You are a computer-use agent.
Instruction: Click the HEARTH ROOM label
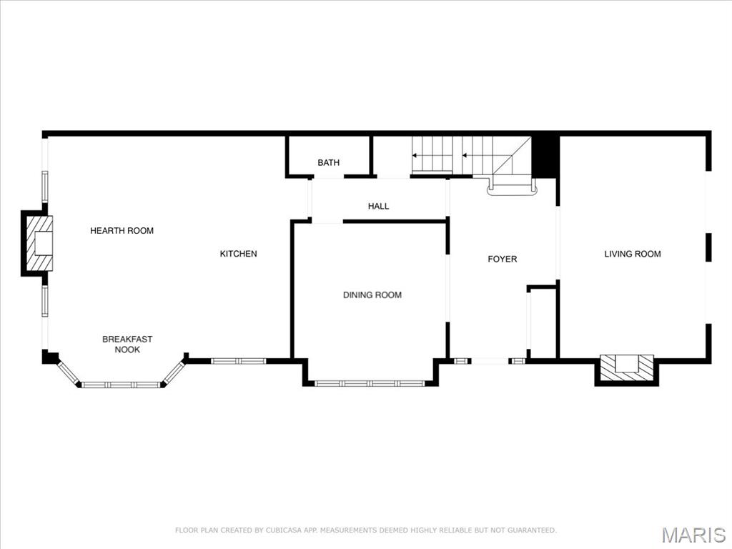click(122, 231)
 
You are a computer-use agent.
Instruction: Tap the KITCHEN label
click(238, 254)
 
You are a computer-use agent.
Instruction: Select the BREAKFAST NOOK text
click(127, 345)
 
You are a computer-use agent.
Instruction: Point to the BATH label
click(328, 163)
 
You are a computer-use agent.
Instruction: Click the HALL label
click(378, 207)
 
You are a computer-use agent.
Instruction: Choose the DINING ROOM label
click(372, 295)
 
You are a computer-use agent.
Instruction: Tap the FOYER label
click(502, 259)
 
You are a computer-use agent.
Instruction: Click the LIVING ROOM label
click(632, 254)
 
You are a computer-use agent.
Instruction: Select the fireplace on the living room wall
click(626, 367)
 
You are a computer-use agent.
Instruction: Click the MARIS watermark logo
click(693, 535)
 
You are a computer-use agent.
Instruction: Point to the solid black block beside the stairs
click(545, 156)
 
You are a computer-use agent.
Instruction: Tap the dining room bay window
click(371, 384)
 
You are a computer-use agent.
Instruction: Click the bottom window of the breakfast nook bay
click(122, 385)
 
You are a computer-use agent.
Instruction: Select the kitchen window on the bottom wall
click(239, 361)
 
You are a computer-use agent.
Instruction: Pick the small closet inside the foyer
click(541, 323)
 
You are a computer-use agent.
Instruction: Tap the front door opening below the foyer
click(490, 361)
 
